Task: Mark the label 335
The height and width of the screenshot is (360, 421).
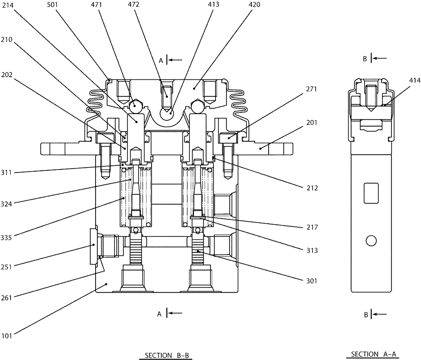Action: pos(7,237)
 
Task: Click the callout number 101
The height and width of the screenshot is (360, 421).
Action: pos(7,335)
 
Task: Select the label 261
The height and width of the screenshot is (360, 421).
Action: pos(7,298)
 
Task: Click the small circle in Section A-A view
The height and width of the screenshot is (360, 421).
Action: pos(371,241)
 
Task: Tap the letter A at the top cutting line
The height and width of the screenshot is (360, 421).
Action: pos(161,60)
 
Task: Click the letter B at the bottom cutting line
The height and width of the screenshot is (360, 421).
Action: pos(366,314)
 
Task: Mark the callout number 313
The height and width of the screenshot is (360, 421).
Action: pos(312,251)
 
